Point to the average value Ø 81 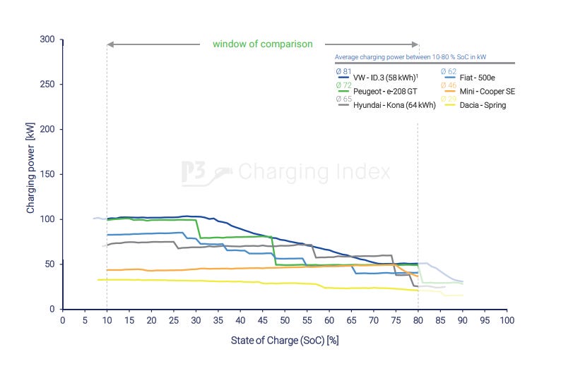(343, 72)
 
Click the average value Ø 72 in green (343, 85)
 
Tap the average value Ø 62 (448, 72)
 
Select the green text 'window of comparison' (262, 44)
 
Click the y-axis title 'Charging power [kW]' (31, 174)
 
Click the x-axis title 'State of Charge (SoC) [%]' (285, 341)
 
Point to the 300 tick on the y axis (47, 39)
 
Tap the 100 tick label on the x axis (507, 321)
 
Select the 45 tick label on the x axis (263, 321)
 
